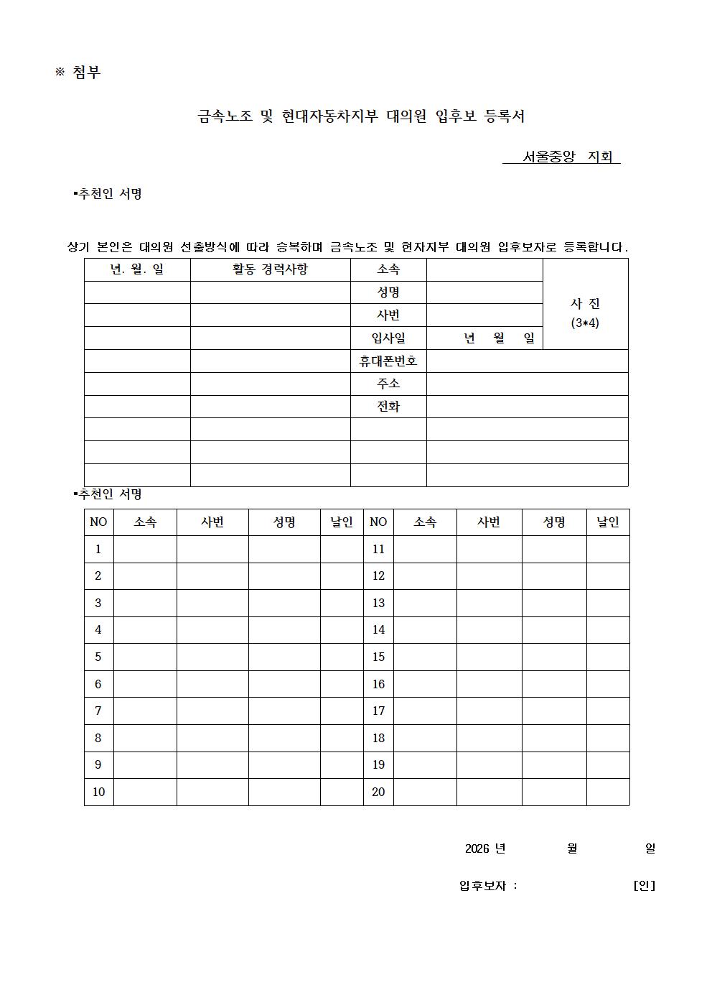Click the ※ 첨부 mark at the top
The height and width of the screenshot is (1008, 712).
[78, 73]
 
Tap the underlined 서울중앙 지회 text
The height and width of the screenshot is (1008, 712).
[561, 157]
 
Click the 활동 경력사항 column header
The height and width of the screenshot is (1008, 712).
[270, 269]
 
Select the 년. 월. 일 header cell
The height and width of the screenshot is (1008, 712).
[137, 269]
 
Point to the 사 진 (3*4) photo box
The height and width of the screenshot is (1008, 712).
[585, 304]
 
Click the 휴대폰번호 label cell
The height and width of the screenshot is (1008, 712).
[388, 361]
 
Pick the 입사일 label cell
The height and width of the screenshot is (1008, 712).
[388, 338]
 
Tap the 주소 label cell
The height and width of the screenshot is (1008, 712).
[388, 384]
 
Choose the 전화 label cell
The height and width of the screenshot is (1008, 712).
[388, 407]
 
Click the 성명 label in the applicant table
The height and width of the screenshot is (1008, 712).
[388, 292]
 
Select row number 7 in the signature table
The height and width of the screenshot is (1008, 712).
[98, 711]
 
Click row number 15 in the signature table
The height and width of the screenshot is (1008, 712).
[378, 657]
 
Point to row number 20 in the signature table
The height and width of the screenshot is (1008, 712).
[378, 792]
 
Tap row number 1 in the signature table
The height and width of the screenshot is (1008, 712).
[98, 550]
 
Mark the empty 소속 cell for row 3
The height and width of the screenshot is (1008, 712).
[145, 604]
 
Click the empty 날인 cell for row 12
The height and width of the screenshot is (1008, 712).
[608, 576]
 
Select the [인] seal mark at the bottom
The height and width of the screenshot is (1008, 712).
[644, 886]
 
